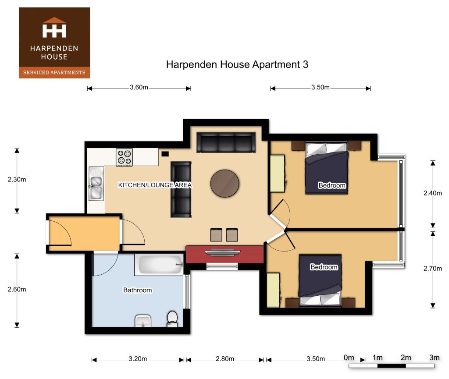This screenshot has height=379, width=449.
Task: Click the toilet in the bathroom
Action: coord(172,319)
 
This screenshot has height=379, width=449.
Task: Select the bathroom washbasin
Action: coord(143,321)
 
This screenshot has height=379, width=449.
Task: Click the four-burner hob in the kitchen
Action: coord(124,157)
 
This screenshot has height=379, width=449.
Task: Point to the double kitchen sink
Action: coord(96,184)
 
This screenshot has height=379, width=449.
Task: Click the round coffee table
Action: coord(225,183)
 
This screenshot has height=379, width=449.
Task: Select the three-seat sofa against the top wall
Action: coord(226,142)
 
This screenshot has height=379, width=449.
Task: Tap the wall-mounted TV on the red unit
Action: coord(223,252)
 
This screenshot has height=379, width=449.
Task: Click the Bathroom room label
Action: coord(137,290)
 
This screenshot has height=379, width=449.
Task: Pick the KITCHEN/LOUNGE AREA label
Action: coord(155,185)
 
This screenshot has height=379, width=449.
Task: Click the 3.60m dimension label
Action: coord(139,87)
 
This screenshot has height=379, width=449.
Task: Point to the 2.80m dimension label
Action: coord(225,359)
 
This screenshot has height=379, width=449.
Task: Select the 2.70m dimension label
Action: coord(433,268)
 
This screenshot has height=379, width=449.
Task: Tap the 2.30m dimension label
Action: coord(17,179)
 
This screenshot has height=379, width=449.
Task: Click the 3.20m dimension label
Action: coord(138,359)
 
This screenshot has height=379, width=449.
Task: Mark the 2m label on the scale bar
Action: coord(406,358)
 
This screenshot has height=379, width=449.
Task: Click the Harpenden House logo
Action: coord(54,43)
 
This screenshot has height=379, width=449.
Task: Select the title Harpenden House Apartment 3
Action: coord(237,64)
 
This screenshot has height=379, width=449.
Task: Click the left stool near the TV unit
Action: coord(216,234)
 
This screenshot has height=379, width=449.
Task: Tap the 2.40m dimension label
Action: coord(433,193)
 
